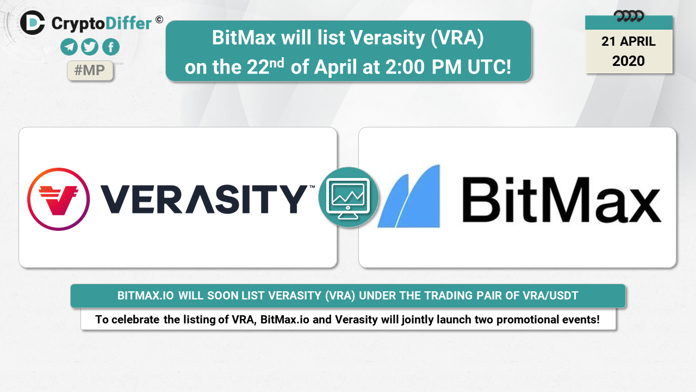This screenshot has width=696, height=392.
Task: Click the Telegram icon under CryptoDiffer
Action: coord(69,47)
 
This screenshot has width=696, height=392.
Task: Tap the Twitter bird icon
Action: coord(90,47)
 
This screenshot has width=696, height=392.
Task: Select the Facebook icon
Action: coord(110,47)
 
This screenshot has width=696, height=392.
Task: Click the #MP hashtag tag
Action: coord(90,70)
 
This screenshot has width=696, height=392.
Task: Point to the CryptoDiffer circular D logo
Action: coord(33,23)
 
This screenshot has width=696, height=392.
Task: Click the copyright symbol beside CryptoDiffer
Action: coord(159,20)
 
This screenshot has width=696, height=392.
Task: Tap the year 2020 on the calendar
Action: coord(628,61)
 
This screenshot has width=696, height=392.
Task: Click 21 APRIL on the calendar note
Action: coord(628,41)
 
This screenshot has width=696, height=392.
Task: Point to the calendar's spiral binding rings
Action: coord(629,16)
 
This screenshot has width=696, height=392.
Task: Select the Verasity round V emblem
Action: coord(58,199)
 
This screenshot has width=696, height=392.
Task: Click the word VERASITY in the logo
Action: coord(204,199)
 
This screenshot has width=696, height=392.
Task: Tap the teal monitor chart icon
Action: coord(349,197)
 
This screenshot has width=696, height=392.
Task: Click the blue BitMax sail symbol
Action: coord(409,196)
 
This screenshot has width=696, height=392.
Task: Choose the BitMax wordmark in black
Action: coord(562,200)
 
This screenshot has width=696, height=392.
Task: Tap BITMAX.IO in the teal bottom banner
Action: coord(145,296)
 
